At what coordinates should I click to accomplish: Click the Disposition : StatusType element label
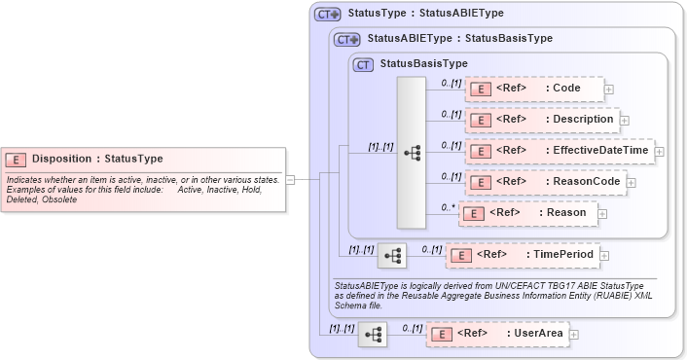point(97,159)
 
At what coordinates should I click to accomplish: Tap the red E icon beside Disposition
point(17,160)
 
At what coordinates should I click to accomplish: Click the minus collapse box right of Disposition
point(290,179)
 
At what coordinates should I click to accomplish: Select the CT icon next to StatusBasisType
point(364,64)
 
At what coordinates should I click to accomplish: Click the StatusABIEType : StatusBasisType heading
point(460,39)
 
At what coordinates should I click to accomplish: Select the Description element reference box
point(541,120)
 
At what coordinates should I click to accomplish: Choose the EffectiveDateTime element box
point(559,151)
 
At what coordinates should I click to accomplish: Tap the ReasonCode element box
point(544,182)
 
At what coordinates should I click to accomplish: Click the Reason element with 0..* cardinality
point(527,213)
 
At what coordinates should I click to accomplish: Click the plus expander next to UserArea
point(574,335)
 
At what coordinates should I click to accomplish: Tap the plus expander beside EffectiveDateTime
point(660,152)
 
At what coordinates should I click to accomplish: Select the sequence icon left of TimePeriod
point(392,255)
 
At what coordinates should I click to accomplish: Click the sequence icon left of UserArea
point(373,334)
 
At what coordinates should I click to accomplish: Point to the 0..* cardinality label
point(448,206)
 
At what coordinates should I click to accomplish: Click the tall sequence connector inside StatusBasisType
point(412,152)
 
